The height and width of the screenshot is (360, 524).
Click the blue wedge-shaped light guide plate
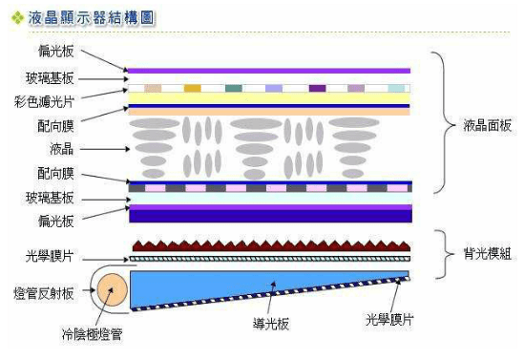(x=239, y=286)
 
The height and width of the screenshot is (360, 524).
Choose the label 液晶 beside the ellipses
(x=65, y=149)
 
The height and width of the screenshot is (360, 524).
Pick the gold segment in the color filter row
(x=193, y=88)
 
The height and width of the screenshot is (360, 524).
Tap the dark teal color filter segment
(x=234, y=88)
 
